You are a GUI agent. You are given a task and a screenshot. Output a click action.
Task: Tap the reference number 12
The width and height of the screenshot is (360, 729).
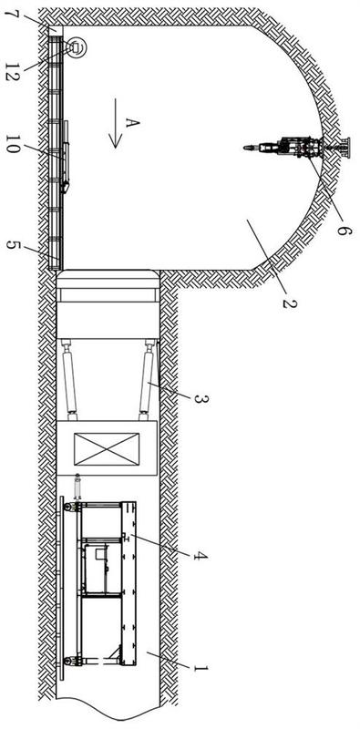click(x=11, y=73)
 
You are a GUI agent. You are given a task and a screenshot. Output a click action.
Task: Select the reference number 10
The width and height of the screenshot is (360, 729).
click(x=12, y=144)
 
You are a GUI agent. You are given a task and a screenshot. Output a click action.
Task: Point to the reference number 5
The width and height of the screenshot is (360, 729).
click(x=12, y=245)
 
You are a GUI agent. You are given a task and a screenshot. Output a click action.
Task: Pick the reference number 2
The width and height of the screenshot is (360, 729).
click(x=289, y=303)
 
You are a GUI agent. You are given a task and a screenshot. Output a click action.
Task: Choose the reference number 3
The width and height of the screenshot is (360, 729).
click(x=201, y=398)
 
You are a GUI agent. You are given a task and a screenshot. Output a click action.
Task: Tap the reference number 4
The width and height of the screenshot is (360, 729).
click(x=201, y=555)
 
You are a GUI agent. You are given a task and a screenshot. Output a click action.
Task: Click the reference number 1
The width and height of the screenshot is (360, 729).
click(x=200, y=669)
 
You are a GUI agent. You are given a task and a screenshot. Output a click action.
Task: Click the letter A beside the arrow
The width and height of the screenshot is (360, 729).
click(x=132, y=123)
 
